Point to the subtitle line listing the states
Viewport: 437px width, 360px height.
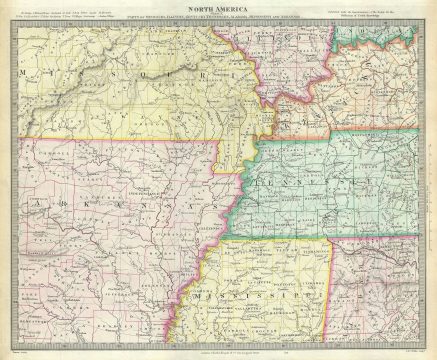coord(218,25)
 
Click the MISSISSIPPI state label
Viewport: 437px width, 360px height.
coord(265,298)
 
